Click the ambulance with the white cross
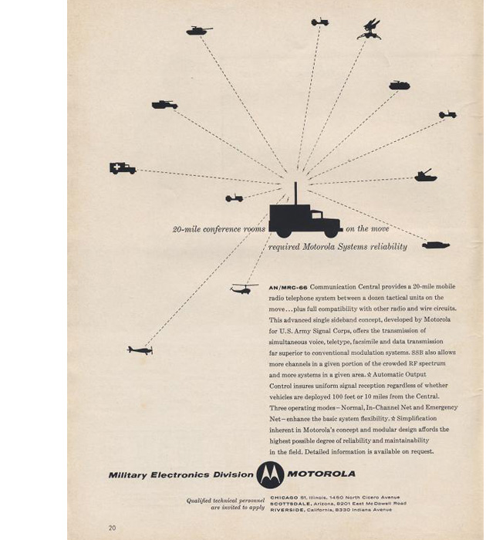tap(122, 168)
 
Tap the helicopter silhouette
tap(243, 289)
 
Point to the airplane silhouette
tap(140, 350)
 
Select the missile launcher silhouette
tap(370, 29)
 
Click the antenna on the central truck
tap(295, 193)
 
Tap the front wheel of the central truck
tap(330, 231)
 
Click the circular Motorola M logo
tap(270, 474)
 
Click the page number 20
tap(112, 528)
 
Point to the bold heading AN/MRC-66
tap(288, 287)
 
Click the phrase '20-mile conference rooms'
tap(218, 229)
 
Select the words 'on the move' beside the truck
tap(367, 229)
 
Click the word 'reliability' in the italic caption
tap(387, 247)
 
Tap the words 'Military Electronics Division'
tap(181, 474)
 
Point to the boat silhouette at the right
tap(436, 245)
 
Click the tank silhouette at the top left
tap(198, 31)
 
